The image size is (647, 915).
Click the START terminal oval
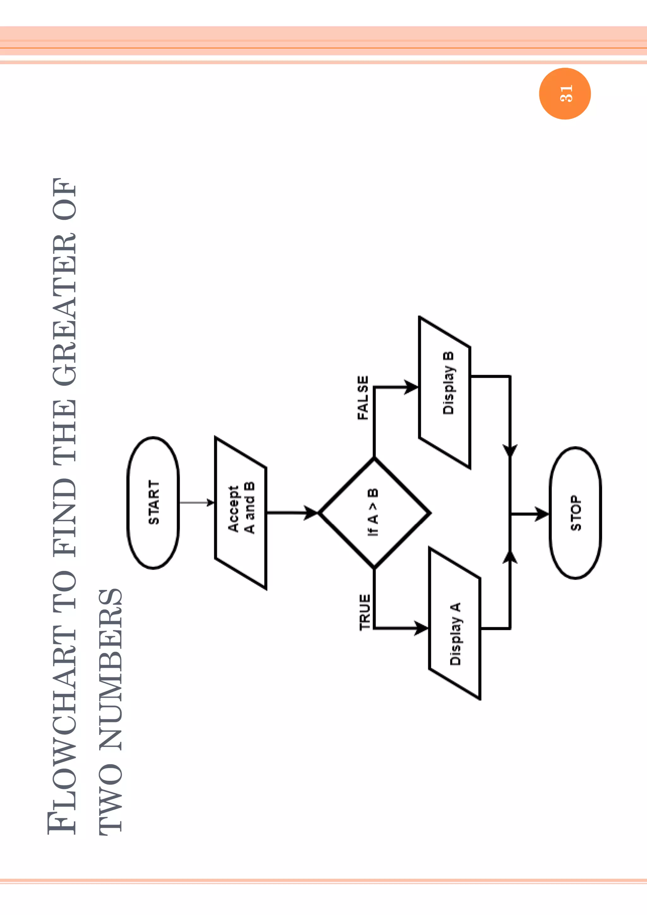(x=154, y=503)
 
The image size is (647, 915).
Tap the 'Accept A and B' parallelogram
(x=241, y=513)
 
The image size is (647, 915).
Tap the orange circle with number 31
(x=565, y=94)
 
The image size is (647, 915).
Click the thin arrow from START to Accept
(x=197, y=503)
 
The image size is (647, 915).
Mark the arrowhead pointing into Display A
(x=421, y=628)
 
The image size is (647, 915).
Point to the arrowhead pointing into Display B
(x=411, y=387)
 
